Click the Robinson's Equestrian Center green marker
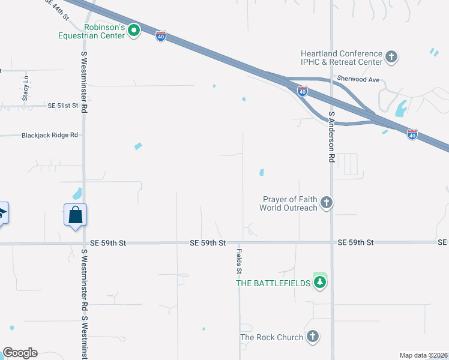(134, 29)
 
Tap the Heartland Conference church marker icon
(391, 58)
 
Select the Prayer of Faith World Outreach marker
(326, 203)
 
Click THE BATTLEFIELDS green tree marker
(320, 283)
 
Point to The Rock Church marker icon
(312, 337)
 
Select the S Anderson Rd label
(331, 137)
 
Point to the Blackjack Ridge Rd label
(50, 135)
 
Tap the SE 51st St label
(64, 106)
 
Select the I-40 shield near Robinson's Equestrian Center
(161, 36)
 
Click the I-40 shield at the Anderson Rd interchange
(303, 91)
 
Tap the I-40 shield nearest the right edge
(412, 134)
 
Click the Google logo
(20, 353)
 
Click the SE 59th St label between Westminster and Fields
(207, 243)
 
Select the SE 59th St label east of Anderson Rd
(355, 242)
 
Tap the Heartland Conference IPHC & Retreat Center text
(342, 58)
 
